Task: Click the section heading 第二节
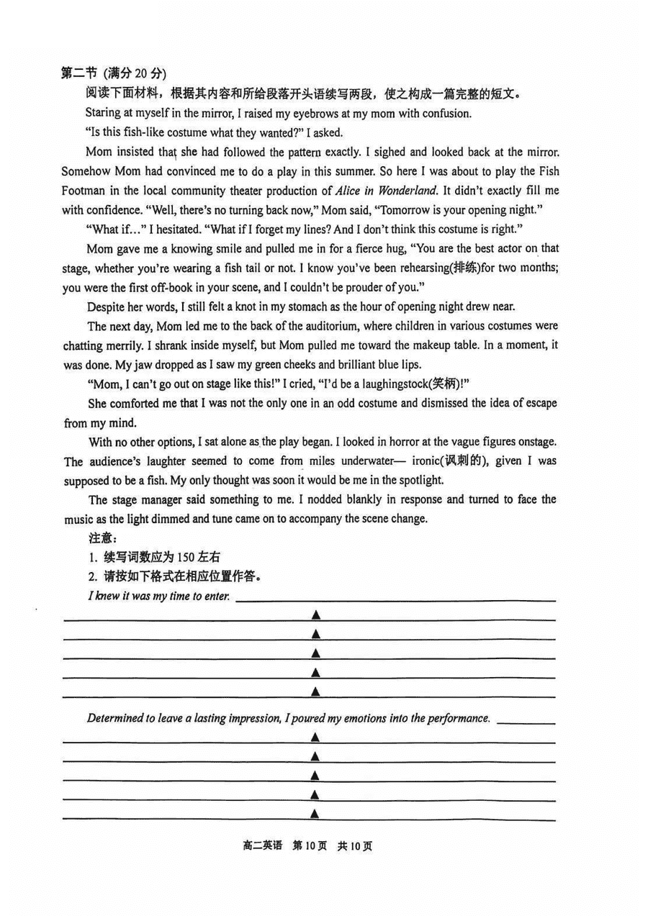tap(79, 73)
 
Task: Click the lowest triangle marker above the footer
tap(315, 814)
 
